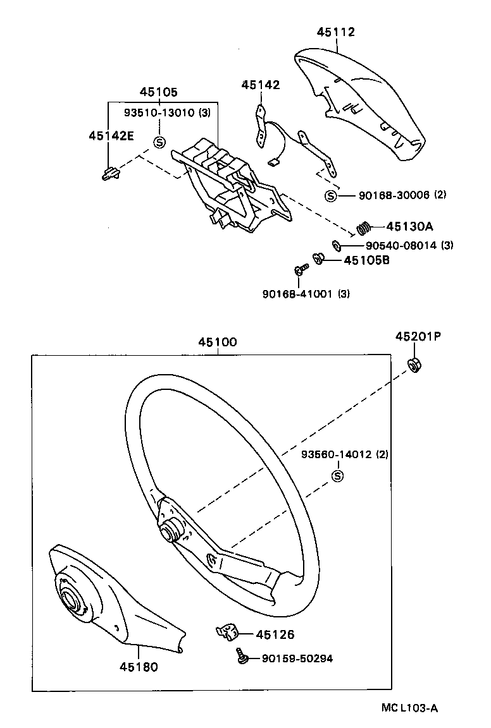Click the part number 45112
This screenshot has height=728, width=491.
coord(336,32)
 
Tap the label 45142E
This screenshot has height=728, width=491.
coord(111,135)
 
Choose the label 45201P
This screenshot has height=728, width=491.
coord(418,337)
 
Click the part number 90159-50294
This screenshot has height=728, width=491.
coord(297,658)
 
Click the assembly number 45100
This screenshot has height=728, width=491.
coord(217,342)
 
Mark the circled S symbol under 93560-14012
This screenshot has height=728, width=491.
coord(337,476)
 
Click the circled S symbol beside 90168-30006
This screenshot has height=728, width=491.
coord(330,195)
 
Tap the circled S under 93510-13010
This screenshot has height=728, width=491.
coord(159,142)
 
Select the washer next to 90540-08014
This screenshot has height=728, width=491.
coord(337,245)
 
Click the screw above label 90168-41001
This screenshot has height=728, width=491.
coord(299,270)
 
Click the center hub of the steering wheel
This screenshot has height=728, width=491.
coord(170,530)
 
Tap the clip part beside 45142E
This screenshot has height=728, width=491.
coord(110,173)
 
